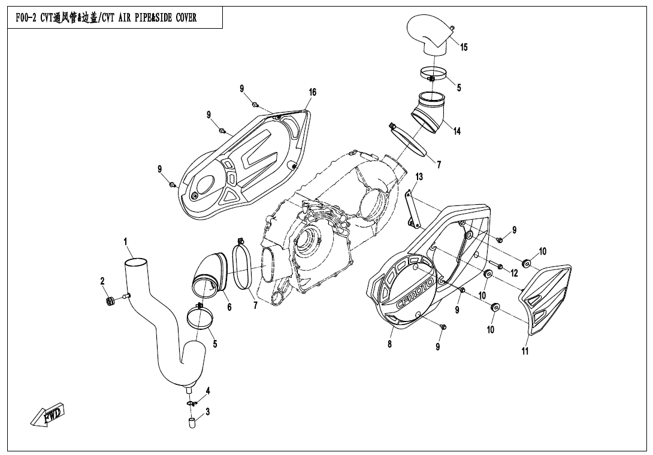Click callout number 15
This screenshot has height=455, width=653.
click(x=464, y=48)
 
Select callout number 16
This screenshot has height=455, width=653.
click(x=312, y=92)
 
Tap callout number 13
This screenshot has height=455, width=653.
click(x=419, y=177)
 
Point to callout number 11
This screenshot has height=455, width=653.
click(x=525, y=351)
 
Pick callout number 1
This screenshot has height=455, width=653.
click(x=126, y=242)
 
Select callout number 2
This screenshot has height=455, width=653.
click(x=102, y=281)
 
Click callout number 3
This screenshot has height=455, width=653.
click(x=207, y=411)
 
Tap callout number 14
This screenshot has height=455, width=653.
click(x=457, y=131)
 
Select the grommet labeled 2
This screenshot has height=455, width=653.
click(x=110, y=301)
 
